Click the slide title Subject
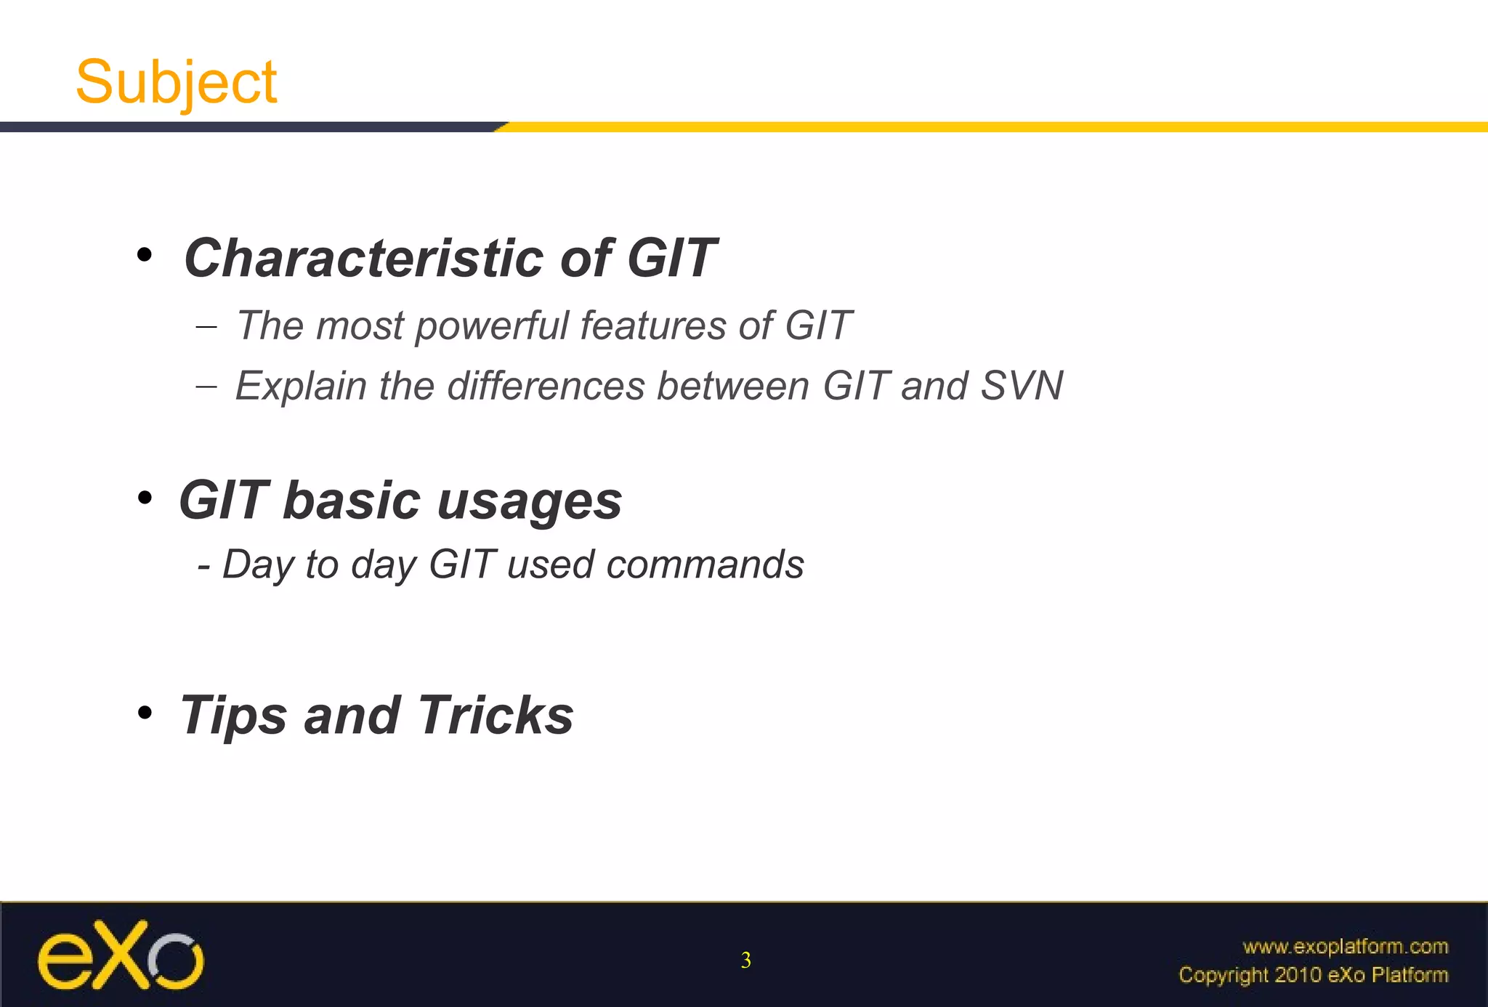click(x=176, y=82)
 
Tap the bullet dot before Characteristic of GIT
click(x=145, y=255)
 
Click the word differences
click(x=546, y=386)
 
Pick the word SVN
click(x=1022, y=386)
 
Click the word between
click(x=732, y=386)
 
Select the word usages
click(x=530, y=502)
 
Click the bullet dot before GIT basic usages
click(x=145, y=498)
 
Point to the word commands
click(x=705, y=565)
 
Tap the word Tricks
click(x=496, y=715)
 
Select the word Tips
click(x=234, y=716)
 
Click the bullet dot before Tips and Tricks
click(x=145, y=713)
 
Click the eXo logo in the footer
click(x=121, y=955)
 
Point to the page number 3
click(x=745, y=961)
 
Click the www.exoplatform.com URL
click(x=1345, y=947)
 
